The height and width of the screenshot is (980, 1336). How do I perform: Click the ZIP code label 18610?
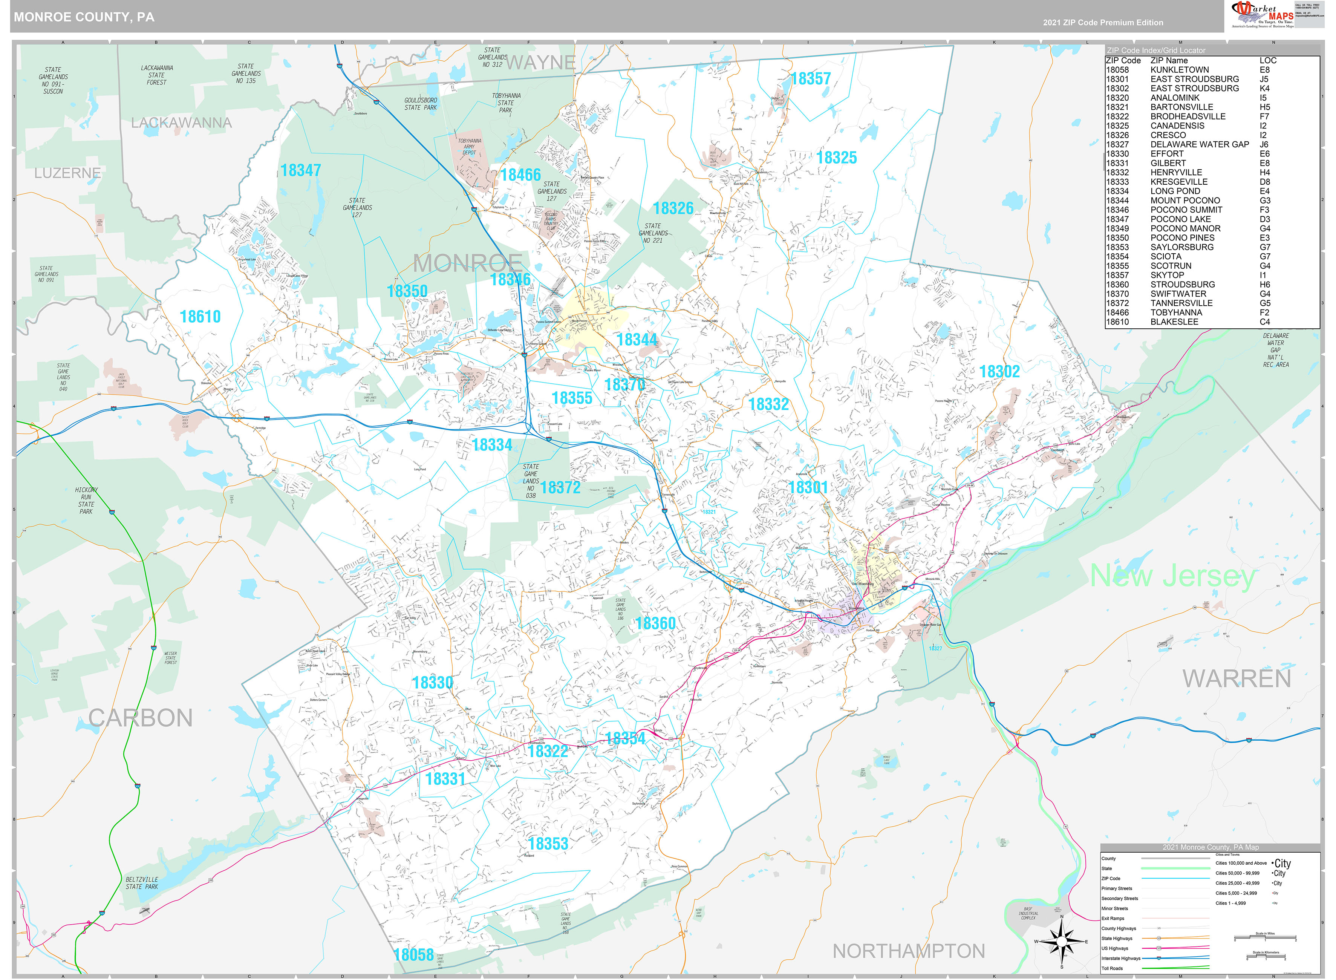tap(200, 317)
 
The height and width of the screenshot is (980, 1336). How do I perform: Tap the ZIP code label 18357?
tap(811, 79)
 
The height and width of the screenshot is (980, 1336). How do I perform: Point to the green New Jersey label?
tap(1172, 576)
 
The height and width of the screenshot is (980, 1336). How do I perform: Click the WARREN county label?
tap(1237, 678)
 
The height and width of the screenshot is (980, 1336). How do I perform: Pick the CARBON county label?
tap(141, 718)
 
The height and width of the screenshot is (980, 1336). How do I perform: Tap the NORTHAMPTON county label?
tap(909, 951)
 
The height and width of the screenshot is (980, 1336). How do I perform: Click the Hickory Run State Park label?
tap(86, 501)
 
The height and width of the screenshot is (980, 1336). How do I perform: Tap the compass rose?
tap(1061, 942)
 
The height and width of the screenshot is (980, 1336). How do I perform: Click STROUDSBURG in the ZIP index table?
tap(1182, 285)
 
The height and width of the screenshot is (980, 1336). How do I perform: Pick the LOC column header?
tap(1268, 61)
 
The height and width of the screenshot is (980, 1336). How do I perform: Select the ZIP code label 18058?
tap(414, 954)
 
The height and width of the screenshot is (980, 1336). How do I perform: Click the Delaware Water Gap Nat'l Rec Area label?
tap(1276, 350)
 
